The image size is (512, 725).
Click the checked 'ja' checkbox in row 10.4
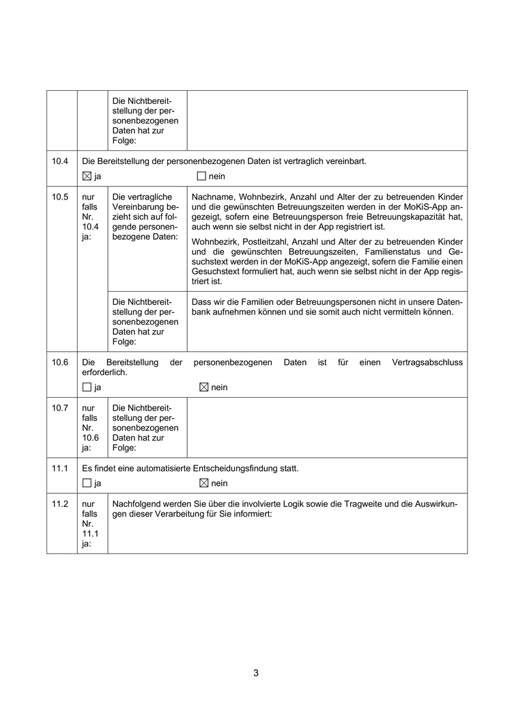point(86,176)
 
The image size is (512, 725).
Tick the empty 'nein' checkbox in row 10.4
point(201,176)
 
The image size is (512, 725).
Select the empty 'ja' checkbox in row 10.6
point(86,387)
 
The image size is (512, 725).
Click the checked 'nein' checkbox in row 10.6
point(203,387)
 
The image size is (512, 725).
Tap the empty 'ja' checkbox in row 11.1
point(86,483)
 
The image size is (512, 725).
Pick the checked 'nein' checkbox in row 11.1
point(203,483)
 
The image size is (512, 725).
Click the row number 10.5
point(60,197)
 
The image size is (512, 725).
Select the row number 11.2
point(60,504)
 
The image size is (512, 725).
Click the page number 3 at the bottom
point(256,673)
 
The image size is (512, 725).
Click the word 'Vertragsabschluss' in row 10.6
point(427,362)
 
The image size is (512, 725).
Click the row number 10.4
point(60,161)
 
